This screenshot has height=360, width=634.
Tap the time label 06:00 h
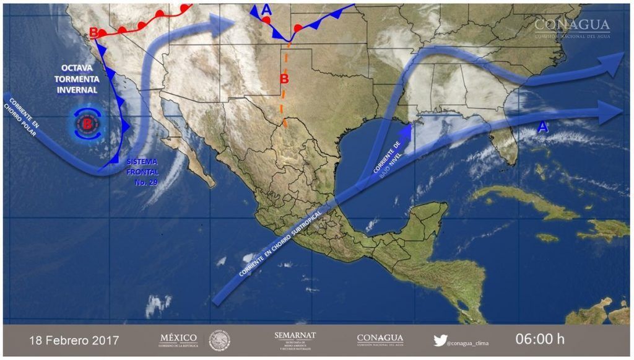point(540,340)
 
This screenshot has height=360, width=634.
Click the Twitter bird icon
point(440,340)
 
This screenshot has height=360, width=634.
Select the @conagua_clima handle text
point(473,341)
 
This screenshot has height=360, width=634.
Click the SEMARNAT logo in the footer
point(295,340)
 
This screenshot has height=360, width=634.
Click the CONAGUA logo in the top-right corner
point(571,27)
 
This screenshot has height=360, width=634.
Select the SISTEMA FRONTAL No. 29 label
point(143,172)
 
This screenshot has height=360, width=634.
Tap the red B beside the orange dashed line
point(284,79)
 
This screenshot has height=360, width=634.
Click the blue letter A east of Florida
point(543,127)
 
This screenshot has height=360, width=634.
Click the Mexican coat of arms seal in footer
point(219,340)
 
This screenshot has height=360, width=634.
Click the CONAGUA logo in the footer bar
point(380,340)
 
